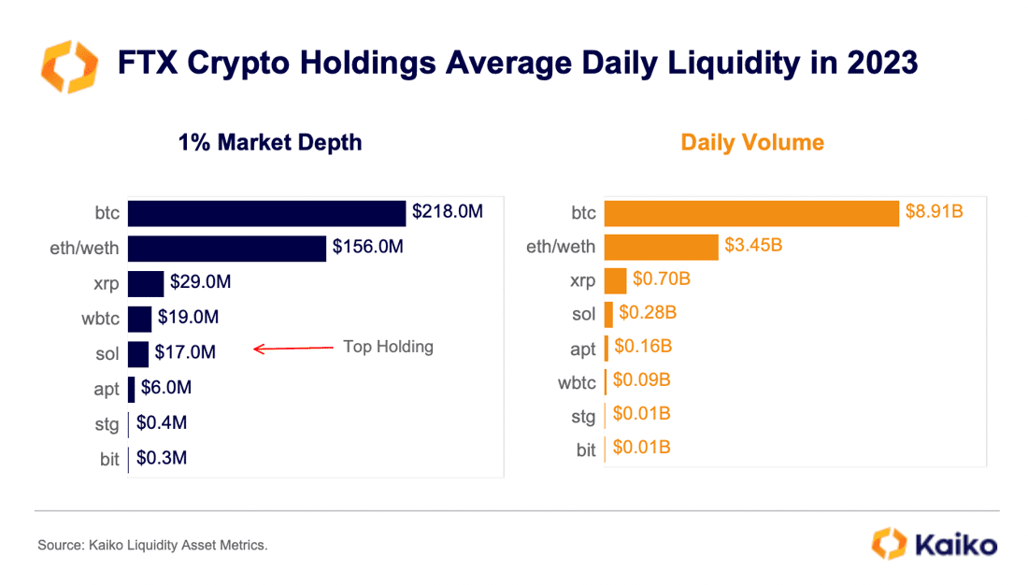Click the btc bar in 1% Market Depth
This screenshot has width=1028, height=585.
[x=267, y=214]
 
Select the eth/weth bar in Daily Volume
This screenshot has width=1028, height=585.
[x=662, y=248]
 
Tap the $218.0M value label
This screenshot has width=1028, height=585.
[x=447, y=212]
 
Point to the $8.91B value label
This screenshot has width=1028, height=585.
[x=935, y=211]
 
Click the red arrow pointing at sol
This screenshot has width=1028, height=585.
[x=293, y=349]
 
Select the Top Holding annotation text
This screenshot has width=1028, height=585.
[x=388, y=347]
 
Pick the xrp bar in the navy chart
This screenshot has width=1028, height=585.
[x=146, y=284]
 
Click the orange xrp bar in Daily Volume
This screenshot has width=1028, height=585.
[x=616, y=280]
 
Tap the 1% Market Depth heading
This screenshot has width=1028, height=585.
[x=270, y=142]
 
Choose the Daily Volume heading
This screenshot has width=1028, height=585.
[x=752, y=142]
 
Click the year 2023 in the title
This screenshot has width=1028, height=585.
[x=882, y=63]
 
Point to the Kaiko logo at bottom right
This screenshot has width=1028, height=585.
[x=935, y=544]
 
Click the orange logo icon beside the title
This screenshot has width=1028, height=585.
[x=69, y=66]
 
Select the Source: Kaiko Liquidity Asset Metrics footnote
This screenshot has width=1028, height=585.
[x=152, y=545]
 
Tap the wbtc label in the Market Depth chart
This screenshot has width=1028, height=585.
[x=100, y=319]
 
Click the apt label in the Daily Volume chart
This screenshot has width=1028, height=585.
[x=583, y=350]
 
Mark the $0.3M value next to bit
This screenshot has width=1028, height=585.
[x=162, y=458]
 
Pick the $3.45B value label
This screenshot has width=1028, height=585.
[x=753, y=245]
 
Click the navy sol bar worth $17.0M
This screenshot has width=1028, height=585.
[x=138, y=354]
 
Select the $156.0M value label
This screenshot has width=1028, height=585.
[x=368, y=247]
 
